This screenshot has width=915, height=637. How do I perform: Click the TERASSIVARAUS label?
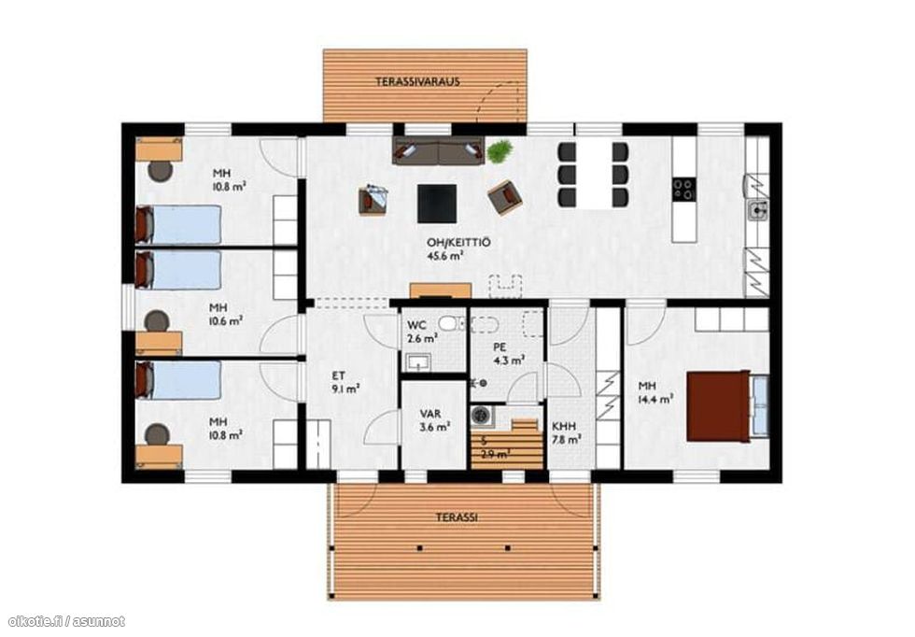418,82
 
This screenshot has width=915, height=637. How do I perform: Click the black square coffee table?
437,203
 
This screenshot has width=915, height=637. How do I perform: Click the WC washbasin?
419,362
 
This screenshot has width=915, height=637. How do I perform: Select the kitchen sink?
757,209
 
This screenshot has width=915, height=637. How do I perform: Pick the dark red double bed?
719,405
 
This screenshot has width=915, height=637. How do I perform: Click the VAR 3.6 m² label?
433,420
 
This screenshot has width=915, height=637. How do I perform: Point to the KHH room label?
564,427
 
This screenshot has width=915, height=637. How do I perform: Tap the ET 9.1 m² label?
345,382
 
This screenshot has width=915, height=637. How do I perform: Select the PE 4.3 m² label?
508,354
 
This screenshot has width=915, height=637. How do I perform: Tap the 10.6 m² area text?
226,320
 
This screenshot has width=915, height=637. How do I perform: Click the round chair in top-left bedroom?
160,171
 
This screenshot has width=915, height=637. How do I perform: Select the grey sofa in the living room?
438,151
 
